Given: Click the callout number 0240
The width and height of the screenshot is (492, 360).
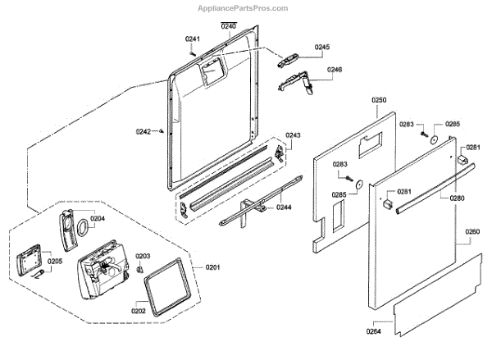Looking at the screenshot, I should click(228, 27).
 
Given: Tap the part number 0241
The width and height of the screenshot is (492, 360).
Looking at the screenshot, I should click(193, 39).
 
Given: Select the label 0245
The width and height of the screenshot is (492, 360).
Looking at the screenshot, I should click(322, 47).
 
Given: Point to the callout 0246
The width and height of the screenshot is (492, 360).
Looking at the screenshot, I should click(335, 70).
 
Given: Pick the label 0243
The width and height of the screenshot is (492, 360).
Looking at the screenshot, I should click(293, 135).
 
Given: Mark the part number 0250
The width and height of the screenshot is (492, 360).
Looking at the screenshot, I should click(378, 100).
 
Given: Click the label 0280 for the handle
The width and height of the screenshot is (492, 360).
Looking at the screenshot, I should click(457, 198).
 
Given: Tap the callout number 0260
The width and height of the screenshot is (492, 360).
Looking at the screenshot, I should click(472, 232).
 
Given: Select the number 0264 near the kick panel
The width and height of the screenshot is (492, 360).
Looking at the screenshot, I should click(373, 331).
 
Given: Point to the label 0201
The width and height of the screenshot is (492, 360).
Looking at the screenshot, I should click(213, 267).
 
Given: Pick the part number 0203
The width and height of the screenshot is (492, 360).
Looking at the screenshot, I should click(143, 256).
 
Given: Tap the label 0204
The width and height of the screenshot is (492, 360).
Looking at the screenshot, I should click(98, 219).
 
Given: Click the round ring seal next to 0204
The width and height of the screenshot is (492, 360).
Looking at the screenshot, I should click(82, 229).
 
